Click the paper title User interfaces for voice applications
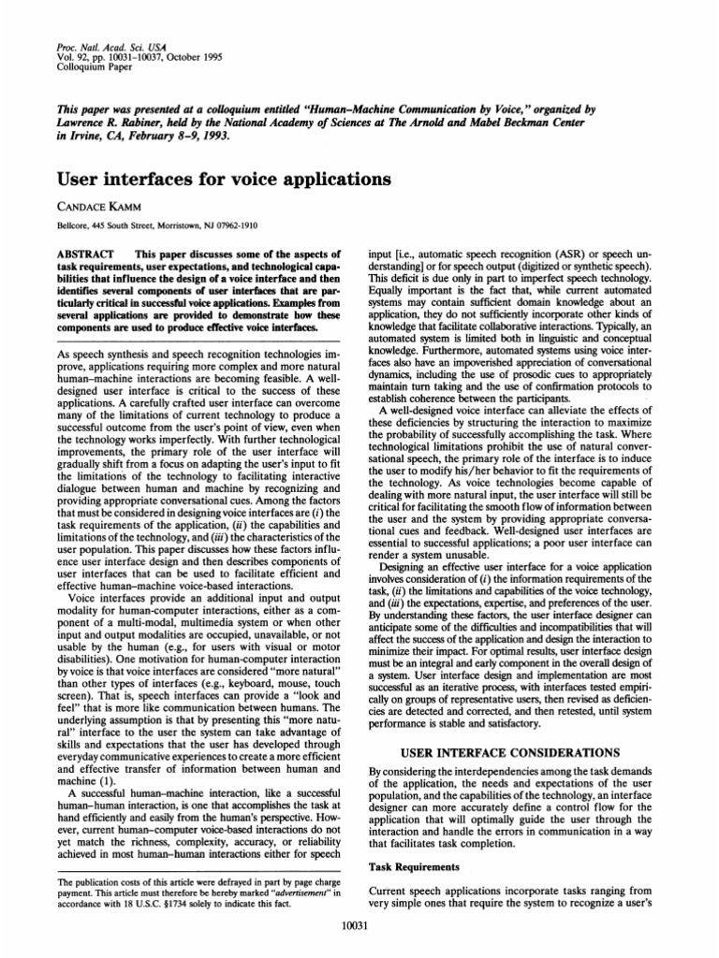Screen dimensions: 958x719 tap(213, 179)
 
